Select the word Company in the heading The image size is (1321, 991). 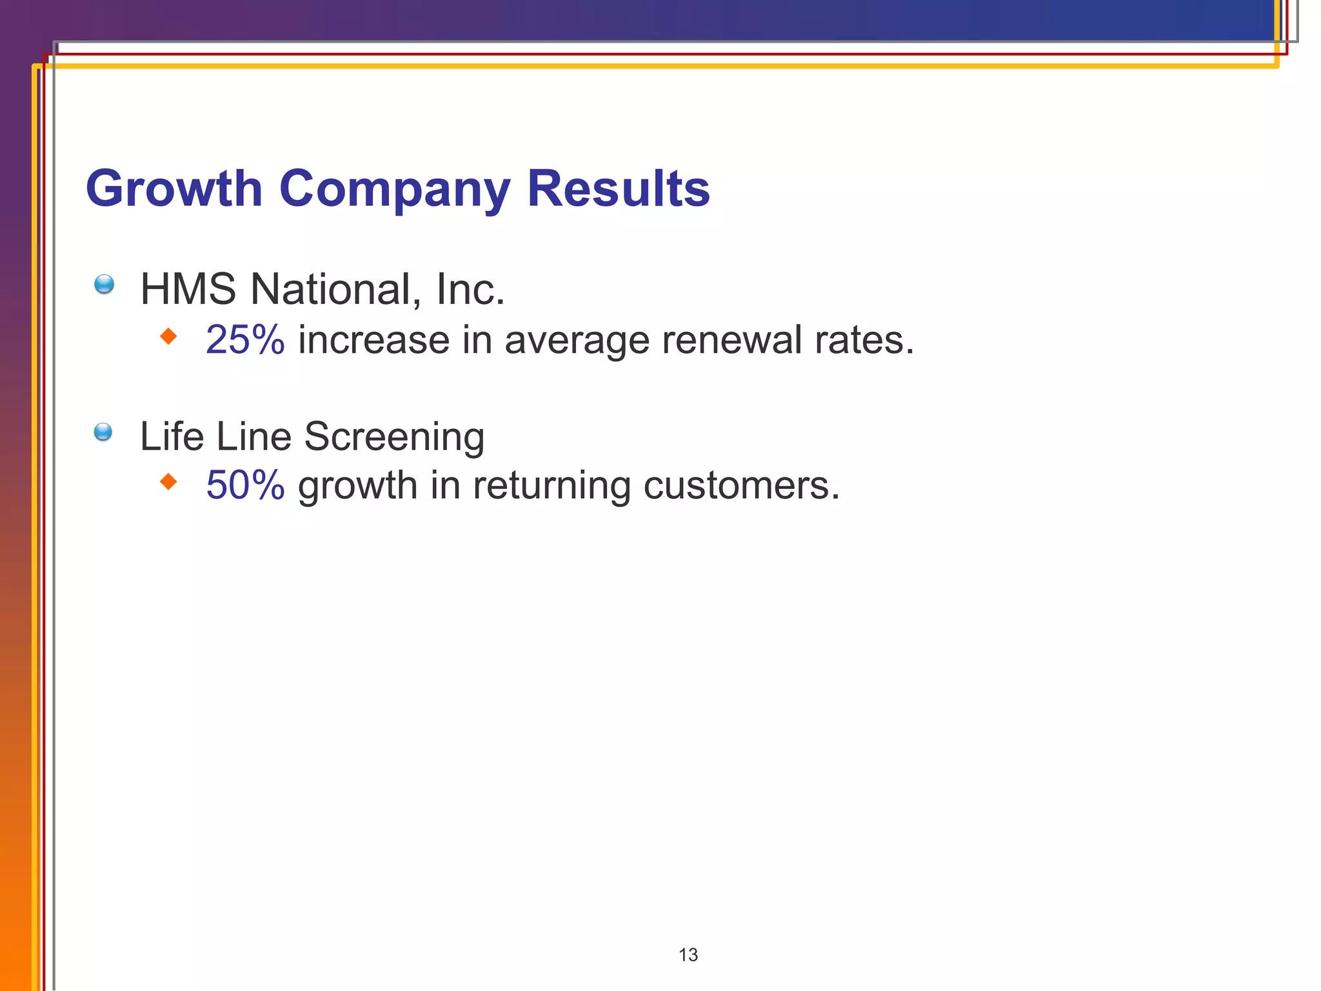pos(395,190)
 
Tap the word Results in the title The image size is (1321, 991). pos(618,188)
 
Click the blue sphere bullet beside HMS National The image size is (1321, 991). pos(104,284)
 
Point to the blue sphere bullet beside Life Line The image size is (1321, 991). pos(103,432)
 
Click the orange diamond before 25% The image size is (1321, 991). pos(168,336)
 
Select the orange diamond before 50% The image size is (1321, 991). pos(168,481)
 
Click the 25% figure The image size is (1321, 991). pos(245,339)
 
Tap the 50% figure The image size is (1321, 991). pos(245,485)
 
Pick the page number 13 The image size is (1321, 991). pos(688,955)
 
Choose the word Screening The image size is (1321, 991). pos(394,437)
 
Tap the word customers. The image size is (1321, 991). pos(741,485)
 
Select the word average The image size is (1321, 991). pos(577,341)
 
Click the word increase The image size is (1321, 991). pos(373,339)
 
